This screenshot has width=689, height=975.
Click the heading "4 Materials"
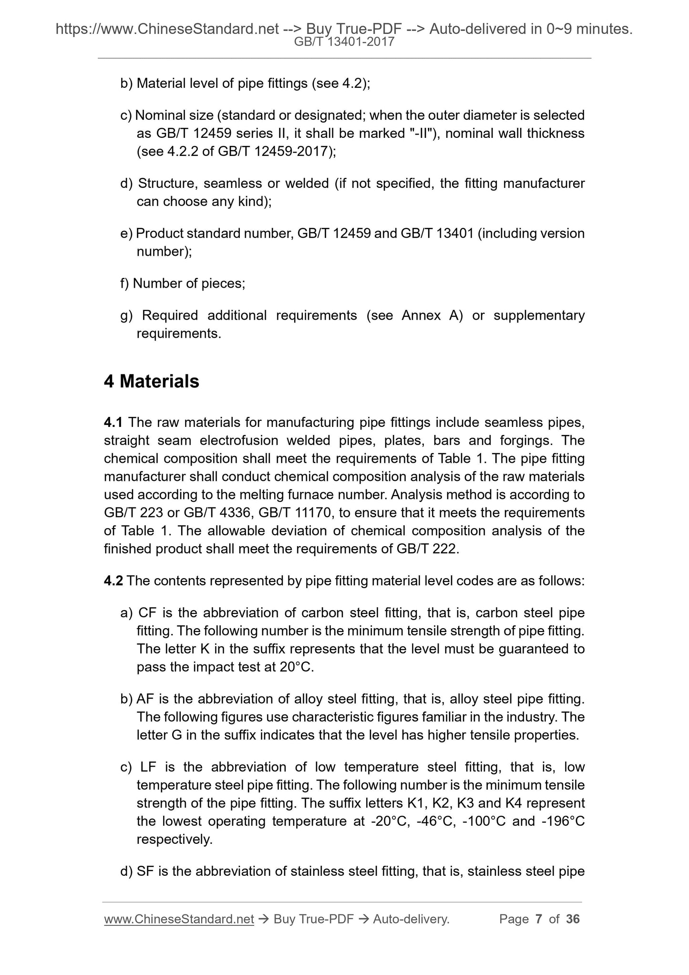152,382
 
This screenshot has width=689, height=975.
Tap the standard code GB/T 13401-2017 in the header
344,42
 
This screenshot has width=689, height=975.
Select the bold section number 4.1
113,422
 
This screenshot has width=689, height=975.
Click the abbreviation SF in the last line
145,871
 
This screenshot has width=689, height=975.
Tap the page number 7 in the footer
539,919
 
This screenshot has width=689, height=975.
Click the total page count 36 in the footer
573,919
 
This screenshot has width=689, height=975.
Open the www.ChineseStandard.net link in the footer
179,919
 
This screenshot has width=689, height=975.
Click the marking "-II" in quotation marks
421,133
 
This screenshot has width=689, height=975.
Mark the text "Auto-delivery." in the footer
411,919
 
